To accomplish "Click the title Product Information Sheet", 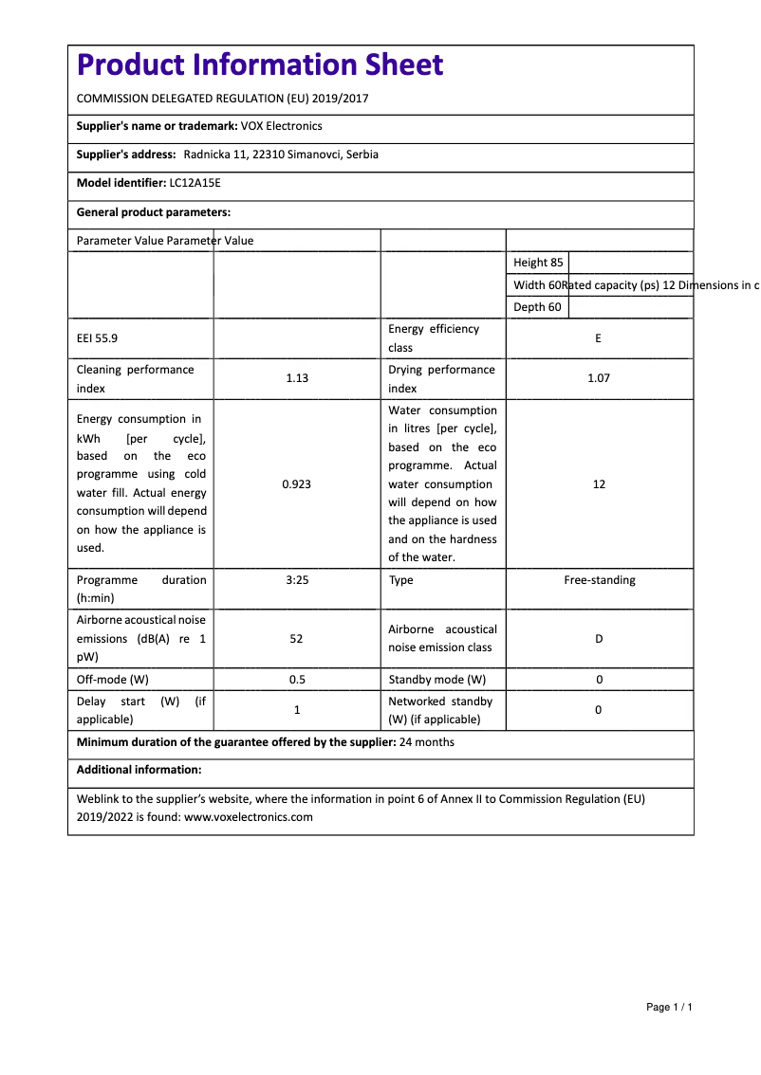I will point(259,64).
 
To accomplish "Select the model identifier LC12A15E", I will point(195,183).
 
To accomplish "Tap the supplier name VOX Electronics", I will point(282,126).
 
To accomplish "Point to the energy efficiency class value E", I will point(598,338).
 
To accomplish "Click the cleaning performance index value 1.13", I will point(297,378).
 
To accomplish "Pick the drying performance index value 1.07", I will point(598,378).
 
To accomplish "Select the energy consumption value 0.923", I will point(297,484).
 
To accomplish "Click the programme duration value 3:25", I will point(297,580).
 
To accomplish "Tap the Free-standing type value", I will point(600,580).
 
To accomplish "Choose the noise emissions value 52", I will point(297,639).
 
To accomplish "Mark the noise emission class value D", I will point(599,639).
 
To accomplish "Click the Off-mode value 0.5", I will point(297,680).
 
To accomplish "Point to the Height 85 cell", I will point(538,263).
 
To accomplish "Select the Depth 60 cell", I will point(537,307).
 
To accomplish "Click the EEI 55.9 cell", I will point(98,338).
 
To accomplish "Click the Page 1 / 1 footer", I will point(669,1007).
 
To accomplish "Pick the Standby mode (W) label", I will point(436,680).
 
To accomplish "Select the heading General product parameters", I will point(154,212).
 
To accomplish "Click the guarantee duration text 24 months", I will point(427,742).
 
